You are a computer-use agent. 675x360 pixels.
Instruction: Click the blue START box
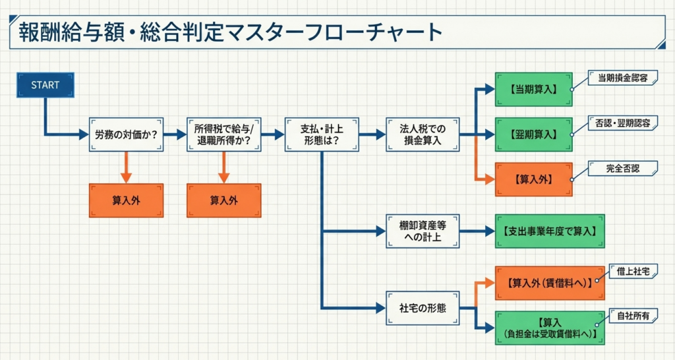[x=45, y=85]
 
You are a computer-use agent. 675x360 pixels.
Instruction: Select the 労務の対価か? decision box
[x=126, y=135]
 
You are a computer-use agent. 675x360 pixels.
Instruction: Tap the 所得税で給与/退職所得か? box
[x=223, y=135]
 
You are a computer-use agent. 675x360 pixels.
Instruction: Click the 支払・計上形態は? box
[x=321, y=135]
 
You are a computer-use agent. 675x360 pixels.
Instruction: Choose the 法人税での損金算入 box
[x=423, y=135]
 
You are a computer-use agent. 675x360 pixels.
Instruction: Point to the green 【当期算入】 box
[x=533, y=88]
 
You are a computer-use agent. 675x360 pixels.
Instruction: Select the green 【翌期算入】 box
[x=533, y=135]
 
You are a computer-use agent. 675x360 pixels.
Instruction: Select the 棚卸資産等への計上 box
[x=423, y=231]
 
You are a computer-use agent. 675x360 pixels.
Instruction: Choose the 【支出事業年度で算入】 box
[x=549, y=231]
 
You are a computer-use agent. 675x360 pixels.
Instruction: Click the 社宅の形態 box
[x=423, y=308]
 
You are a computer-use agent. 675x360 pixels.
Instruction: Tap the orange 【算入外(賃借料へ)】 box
[x=549, y=282]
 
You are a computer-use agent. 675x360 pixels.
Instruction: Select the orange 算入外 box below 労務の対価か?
[x=126, y=200]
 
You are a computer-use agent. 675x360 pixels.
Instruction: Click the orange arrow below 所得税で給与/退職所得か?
[x=223, y=167]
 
